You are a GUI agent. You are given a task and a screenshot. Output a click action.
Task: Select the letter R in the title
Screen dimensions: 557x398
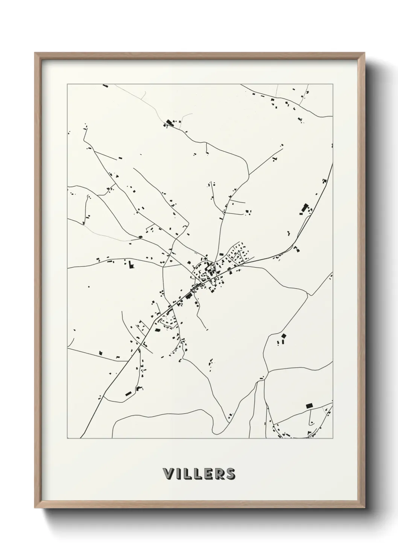click(218, 473)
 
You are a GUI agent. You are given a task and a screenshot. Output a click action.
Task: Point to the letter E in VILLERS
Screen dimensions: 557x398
click(207, 473)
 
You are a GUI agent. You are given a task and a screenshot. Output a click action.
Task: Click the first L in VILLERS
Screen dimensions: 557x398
click(187, 473)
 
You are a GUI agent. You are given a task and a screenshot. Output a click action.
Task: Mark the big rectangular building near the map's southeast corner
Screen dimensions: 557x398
click(310, 405)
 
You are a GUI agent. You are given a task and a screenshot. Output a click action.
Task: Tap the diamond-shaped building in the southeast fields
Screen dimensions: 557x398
click(284, 335)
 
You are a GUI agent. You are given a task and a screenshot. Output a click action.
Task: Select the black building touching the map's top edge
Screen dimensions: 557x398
click(105, 86)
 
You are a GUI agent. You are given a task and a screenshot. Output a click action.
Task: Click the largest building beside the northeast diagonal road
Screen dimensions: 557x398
click(304, 208)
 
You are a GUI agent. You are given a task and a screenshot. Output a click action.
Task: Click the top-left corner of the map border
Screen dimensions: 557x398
click(67, 84)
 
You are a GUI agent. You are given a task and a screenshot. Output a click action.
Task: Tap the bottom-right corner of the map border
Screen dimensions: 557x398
click(333, 438)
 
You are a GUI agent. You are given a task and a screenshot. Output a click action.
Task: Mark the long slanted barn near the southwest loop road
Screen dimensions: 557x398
click(128, 393)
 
